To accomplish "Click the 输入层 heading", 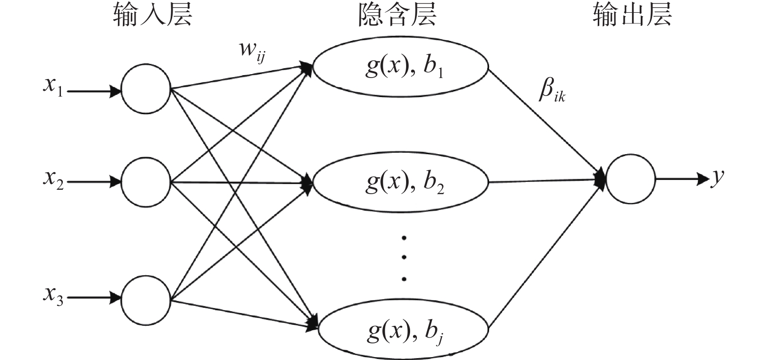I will tap(153, 16).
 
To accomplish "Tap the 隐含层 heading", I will tap(397, 16).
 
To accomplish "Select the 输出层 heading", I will tap(632, 16).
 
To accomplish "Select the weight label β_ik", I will tap(551, 91).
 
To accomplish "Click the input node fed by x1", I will tap(145, 89).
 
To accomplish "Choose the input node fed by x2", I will tap(145, 181).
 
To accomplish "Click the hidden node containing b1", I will tap(400, 67).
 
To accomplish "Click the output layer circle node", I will tap(630, 179).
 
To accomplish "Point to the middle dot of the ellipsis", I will tap(404, 258).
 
